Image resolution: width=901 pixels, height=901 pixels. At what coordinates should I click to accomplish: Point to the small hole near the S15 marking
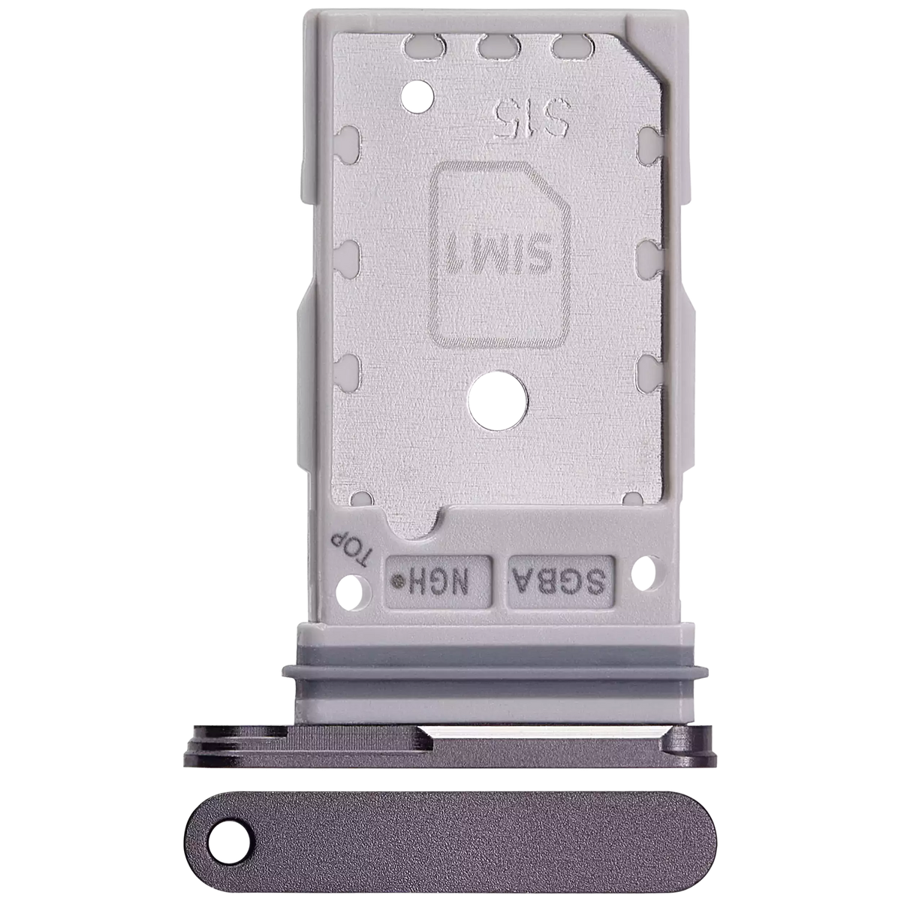(417, 95)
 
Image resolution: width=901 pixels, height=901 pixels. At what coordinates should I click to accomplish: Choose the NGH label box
(439, 580)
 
